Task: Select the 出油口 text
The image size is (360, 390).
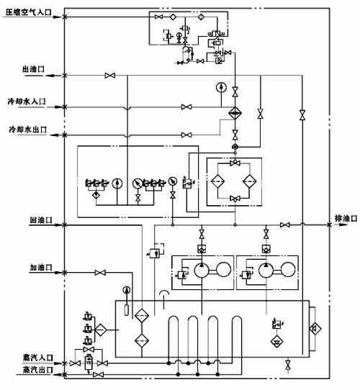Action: point(34,69)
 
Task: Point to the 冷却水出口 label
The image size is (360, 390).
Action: point(27,130)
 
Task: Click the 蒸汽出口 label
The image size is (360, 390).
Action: point(30,371)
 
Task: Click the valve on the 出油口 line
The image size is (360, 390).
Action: point(110,76)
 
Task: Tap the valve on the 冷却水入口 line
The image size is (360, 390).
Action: point(186,106)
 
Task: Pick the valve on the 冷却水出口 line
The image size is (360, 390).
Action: point(186,134)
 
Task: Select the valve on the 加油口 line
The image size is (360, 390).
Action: point(101,272)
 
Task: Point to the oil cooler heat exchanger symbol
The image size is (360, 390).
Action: point(234,114)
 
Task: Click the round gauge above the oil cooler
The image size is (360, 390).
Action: point(220,88)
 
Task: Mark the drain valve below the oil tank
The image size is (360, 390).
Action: point(289,367)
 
